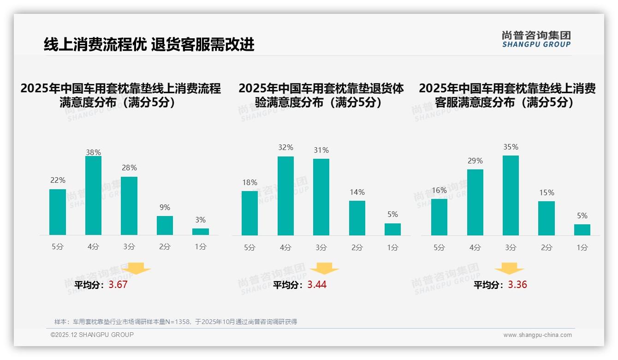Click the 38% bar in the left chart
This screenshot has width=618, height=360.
[93, 196]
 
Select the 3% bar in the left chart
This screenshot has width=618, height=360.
[201, 232]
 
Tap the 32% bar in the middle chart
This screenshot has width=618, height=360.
[285, 196]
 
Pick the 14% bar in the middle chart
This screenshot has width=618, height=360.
[357, 218]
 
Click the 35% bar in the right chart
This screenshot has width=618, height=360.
[511, 195]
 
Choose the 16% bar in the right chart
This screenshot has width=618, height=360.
[439, 217]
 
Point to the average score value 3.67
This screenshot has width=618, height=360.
[118, 285]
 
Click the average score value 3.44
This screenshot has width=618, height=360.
[317, 285]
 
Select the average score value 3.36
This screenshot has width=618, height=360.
[517, 285]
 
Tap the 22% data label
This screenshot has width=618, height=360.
[58, 180]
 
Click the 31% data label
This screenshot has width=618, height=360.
[321, 150]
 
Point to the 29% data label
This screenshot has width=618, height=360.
[475, 161]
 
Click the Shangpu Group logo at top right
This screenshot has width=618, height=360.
[536, 39]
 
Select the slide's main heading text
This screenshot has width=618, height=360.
[149, 44]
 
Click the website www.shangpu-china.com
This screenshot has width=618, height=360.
[537, 335]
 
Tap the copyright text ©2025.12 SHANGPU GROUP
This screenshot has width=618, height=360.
[92, 335]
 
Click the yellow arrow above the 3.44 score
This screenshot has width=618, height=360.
[324, 269]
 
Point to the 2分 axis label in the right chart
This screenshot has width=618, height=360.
[547, 247]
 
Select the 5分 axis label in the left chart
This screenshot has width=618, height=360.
[58, 247]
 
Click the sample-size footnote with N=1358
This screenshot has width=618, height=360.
[176, 322]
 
